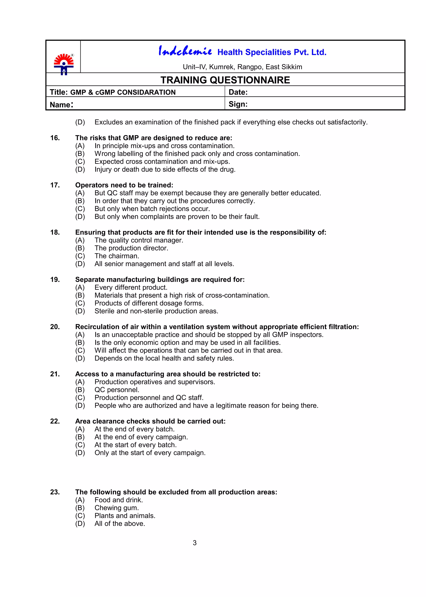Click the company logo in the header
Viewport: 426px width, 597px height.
[64, 64]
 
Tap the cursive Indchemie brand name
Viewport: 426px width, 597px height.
[185, 51]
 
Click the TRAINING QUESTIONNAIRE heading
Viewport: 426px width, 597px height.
[225, 80]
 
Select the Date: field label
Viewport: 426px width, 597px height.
[238, 92]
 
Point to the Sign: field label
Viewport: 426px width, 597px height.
[238, 104]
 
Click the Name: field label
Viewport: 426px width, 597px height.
[61, 104]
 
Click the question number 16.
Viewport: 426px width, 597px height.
[55, 138]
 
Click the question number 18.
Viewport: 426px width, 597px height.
[55, 232]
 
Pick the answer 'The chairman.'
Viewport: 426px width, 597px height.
[117, 256]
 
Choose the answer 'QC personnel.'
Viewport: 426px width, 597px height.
[117, 390]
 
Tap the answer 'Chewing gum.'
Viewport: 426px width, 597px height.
[116, 508]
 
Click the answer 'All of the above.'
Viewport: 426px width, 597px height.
[120, 524]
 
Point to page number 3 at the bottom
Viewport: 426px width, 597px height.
[195, 543]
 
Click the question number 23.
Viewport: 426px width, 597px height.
[55, 492]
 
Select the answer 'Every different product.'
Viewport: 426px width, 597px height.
[131, 287]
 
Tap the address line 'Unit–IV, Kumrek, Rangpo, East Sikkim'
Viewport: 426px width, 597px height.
[242, 67]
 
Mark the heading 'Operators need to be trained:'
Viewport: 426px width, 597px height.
[124, 185]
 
